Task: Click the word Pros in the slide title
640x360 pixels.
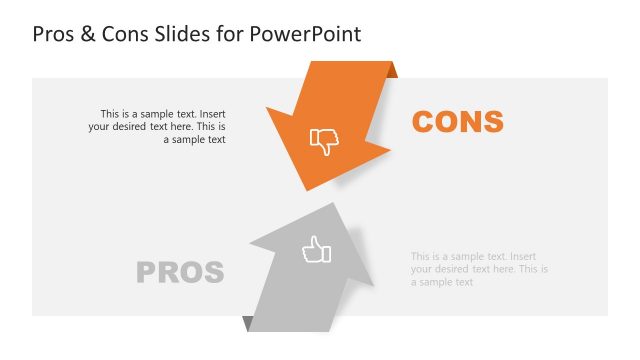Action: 56,34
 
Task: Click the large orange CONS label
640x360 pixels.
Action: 458,122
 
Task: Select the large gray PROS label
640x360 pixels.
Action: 180,272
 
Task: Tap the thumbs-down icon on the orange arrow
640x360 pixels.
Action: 324,141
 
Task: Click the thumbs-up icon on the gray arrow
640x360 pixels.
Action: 316,250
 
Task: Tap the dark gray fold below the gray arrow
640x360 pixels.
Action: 247,323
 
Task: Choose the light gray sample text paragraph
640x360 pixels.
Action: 479,270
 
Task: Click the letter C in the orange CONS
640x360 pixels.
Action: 423,122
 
